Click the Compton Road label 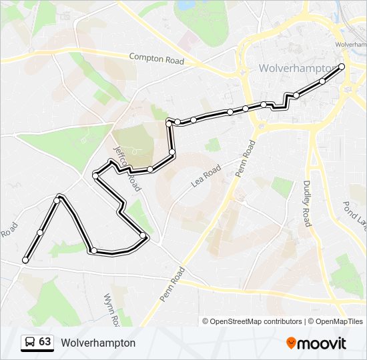(x=156, y=59)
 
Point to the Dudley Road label (x=308, y=203)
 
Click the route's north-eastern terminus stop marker (x=342, y=66)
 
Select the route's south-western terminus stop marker (x=25, y=260)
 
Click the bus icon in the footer (x=29, y=343)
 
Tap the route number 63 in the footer (x=45, y=342)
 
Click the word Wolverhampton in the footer (x=98, y=343)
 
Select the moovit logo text (x=322, y=343)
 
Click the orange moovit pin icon (x=292, y=343)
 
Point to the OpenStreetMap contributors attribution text (x=252, y=321)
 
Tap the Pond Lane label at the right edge (x=356, y=215)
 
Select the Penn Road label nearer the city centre (x=245, y=159)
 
